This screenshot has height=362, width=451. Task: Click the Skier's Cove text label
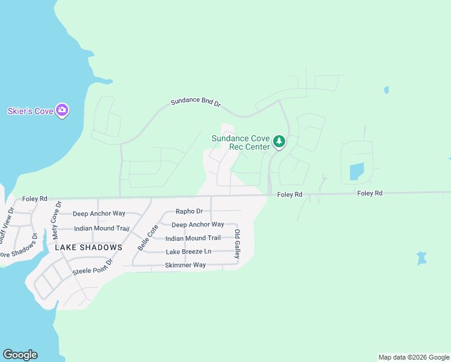click(x=30, y=111)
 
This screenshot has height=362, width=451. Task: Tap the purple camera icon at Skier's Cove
click(x=62, y=110)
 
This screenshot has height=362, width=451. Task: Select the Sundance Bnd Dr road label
click(x=196, y=103)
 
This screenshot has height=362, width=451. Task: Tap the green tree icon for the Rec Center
click(x=279, y=142)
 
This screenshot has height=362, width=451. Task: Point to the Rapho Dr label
click(x=189, y=211)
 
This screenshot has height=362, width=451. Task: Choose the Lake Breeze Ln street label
click(x=189, y=252)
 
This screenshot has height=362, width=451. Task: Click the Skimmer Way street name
click(x=186, y=265)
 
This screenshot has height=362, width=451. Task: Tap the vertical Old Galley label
click(x=238, y=244)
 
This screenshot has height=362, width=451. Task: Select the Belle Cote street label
click(x=148, y=237)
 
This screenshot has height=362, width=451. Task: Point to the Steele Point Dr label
click(x=93, y=266)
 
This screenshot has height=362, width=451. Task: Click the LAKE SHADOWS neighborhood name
click(x=89, y=247)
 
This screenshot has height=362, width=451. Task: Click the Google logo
click(x=20, y=355)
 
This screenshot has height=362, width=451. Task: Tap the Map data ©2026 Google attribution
click(x=414, y=357)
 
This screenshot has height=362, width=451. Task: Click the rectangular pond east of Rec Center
click(x=356, y=172)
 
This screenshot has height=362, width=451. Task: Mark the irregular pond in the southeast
click(x=422, y=258)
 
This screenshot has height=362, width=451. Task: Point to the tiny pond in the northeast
click(x=386, y=91)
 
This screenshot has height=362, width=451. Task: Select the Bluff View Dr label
click(x=7, y=224)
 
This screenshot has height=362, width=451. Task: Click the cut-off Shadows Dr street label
click(x=17, y=246)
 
